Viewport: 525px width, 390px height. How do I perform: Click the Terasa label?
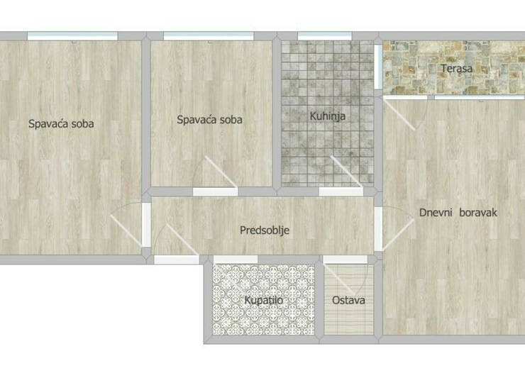pos(456,68)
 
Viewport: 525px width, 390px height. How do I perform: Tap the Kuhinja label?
pos(328,116)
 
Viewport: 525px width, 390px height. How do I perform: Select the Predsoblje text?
pos(265,230)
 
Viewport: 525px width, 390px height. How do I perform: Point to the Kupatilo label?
pos(264,300)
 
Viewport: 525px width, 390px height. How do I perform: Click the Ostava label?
pos(348,300)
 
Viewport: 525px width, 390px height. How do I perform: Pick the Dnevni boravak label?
pos(458,213)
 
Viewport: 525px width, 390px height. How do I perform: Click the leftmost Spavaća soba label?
pos(61,124)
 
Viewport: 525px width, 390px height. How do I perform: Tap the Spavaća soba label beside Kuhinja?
pos(209,120)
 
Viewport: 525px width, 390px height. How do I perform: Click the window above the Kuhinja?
pos(324,36)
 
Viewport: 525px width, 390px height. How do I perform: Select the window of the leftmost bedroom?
pos(72,36)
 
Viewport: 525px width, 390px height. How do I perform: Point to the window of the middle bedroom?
pos(209,36)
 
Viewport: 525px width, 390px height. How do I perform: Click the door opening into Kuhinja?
pos(341,191)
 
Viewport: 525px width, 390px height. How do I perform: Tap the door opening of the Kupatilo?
pos(236,260)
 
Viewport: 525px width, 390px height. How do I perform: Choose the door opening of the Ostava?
pos(346,260)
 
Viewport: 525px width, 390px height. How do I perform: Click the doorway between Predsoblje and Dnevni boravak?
pos(378,229)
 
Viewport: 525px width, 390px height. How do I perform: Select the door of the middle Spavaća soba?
pos(215,191)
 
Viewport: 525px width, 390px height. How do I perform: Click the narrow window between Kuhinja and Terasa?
pos(378,67)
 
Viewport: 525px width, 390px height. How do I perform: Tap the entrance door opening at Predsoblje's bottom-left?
pos(177,260)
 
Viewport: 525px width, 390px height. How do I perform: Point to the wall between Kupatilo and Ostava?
pos(319,299)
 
